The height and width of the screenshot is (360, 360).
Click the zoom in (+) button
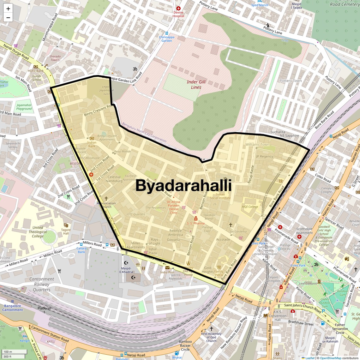8,9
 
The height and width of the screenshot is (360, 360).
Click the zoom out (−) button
8,18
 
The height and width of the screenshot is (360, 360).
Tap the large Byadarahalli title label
183,186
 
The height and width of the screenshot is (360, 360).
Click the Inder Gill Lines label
196,84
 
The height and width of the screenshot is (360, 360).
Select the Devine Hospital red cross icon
178,9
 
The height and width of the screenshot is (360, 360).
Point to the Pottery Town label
290,81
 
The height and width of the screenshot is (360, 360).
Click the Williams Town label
257,145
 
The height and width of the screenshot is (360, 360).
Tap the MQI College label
250,207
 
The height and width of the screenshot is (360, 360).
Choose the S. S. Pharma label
196,223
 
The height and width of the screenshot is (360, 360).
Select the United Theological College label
38,232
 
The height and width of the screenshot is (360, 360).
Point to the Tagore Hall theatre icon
66,225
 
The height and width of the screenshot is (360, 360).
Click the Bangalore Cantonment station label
13,308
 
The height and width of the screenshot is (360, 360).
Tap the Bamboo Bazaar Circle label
185,345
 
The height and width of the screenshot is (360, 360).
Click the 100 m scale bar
14,352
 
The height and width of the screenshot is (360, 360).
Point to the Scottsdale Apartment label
304,231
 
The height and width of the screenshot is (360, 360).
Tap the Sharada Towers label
55,58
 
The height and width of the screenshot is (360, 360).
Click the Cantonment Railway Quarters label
42,284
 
